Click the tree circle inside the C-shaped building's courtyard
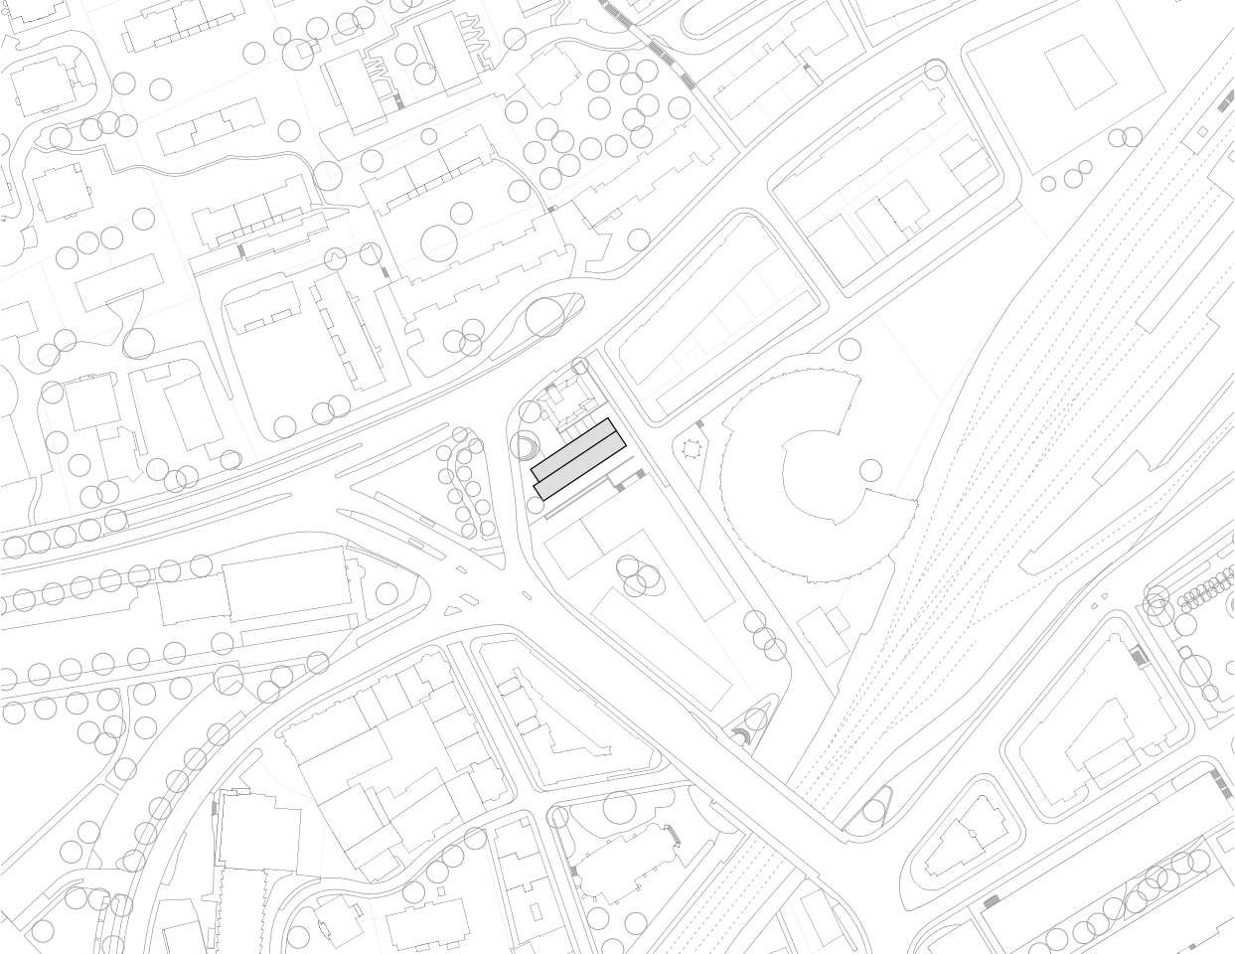pos(870,470)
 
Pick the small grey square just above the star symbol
pos(699,425)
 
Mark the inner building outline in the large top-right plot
pos(1080,72)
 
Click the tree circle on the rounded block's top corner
pos(935,70)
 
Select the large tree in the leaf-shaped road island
pos(544,317)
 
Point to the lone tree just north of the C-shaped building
pos(849,349)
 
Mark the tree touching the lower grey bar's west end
pos(538,506)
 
